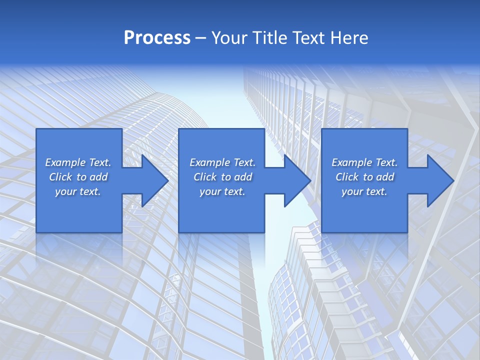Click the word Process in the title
coord(157,38)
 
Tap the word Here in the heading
coord(349,38)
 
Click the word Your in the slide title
coord(228,38)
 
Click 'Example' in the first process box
coord(65,162)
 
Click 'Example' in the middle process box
coord(209,162)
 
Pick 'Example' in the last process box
coord(351,162)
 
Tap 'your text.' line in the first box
coord(78,191)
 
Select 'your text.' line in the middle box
coord(222,191)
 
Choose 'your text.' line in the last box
coord(364,191)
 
